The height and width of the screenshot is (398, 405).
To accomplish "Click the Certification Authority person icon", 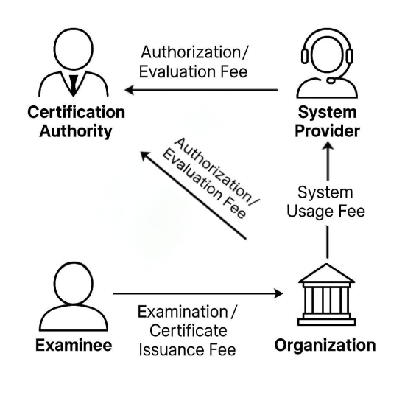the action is [x=74, y=62].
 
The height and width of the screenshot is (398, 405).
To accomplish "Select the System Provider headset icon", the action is [x=327, y=63].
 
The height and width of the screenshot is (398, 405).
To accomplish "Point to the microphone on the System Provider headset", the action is [x=331, y=80].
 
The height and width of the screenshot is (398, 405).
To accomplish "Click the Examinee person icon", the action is [x=74, y=296].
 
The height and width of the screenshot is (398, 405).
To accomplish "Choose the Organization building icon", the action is [x=327, y=294].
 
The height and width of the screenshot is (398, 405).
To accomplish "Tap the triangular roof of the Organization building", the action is [x=327, y=273].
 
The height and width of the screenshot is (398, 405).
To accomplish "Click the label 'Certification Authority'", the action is [x=76, y=122].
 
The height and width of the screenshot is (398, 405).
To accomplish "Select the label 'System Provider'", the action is [x=327, y=122].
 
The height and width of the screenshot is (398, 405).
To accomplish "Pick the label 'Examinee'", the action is [x=74, y=345].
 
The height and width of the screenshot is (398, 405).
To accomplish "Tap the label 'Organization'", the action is [x=325, y=346].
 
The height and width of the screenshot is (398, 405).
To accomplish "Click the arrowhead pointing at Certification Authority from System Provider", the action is [x=129, y=90].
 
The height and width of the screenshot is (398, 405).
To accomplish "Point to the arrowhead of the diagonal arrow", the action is [x=144, y=156].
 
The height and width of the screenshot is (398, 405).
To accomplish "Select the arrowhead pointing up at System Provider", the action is [x=328, y=146].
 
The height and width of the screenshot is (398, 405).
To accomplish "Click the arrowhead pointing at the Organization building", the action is [x=278, y=293].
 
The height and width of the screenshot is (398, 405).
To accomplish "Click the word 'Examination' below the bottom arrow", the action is [x=183, y=312].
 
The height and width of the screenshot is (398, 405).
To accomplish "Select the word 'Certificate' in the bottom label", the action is [x=189, y=331].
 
